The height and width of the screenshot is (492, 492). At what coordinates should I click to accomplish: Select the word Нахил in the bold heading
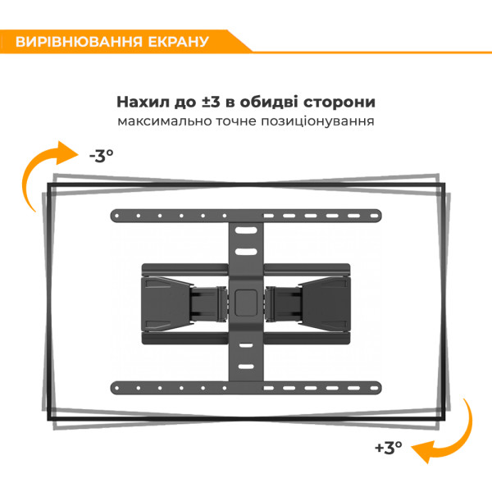click(143, 102)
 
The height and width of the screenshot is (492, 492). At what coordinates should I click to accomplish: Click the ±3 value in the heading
click(211, 102)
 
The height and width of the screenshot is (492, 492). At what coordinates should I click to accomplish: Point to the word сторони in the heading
click(339, 102)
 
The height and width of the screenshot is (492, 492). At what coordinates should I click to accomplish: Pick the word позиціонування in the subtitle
click(317, 121)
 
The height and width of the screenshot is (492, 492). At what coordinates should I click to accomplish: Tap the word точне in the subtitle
click(236, 121)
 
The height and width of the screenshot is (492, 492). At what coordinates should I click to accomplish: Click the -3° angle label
click(102, 156)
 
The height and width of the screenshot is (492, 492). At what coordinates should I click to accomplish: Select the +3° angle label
click(389, 448)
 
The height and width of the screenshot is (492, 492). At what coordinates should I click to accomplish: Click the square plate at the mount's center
click(246, 303)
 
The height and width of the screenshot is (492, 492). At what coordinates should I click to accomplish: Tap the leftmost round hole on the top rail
click(117, 216)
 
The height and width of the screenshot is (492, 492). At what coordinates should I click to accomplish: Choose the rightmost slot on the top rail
click(375, 216)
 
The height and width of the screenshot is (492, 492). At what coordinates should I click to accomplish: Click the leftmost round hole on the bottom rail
click(117, 388)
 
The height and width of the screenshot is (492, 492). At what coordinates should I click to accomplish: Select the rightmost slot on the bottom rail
click(375, 388)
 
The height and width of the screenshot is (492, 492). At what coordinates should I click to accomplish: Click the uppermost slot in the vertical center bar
click(246, 230)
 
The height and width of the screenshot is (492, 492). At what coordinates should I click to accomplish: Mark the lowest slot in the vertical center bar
click(246, 367)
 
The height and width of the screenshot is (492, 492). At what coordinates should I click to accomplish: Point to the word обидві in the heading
click(268, 102)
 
